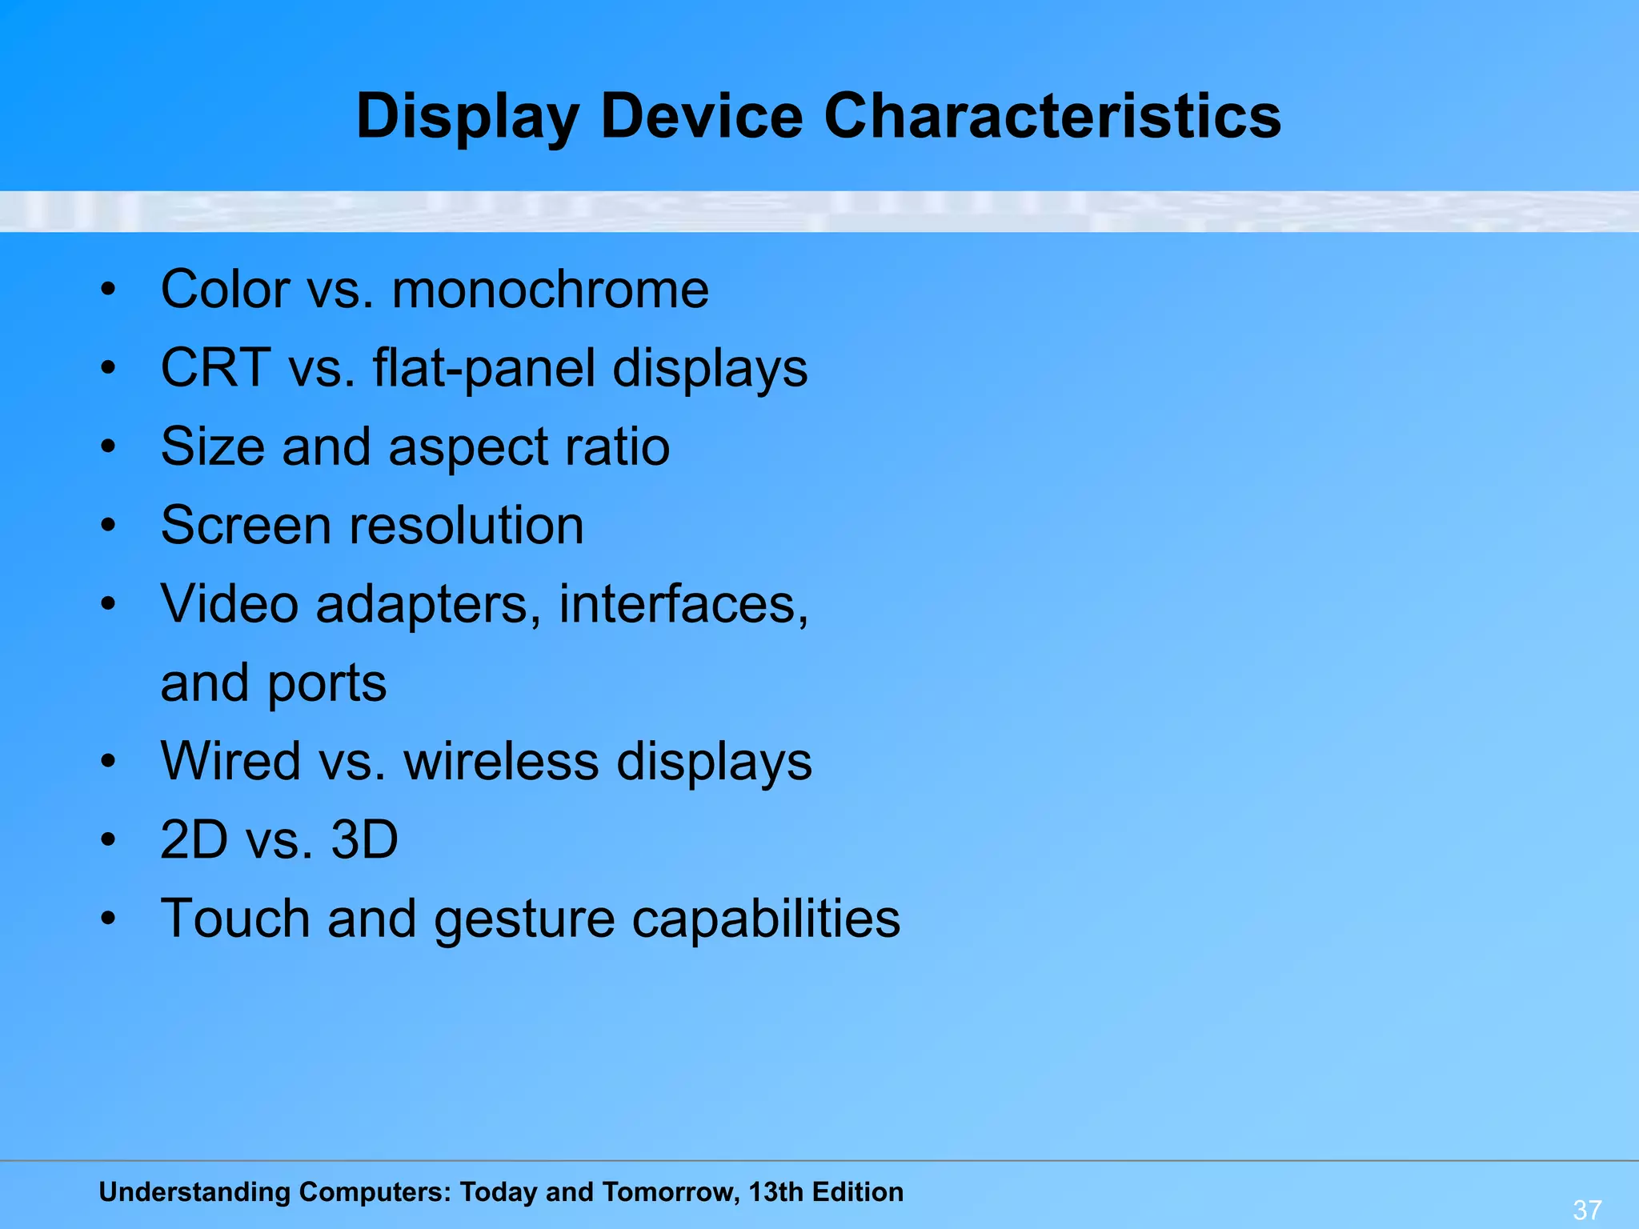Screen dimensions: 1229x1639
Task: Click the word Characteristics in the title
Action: coord(1052,116)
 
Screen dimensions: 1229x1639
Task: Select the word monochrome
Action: coord(550,289)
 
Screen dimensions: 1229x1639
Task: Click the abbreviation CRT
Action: coord(215,368)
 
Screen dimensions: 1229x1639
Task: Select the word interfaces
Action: coord(683,604)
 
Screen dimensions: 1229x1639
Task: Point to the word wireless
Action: coord(501,761)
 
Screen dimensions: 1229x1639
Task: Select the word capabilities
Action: coord(766,919)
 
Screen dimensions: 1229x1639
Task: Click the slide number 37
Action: coord(1587,1209)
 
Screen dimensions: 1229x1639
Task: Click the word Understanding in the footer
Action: coord(194,1193)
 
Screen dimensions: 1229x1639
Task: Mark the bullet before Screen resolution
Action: coord(109,526)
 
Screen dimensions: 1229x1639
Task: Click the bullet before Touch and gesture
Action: coord(109,919)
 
